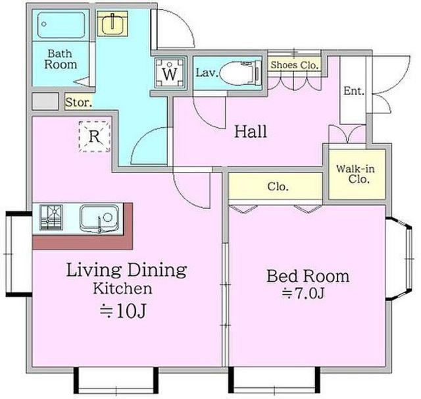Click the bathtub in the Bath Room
[x=61, y=25]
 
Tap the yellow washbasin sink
[x=112, y=24]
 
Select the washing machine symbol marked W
[x=170, y=72]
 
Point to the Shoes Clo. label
[x=295, y=65]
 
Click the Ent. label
[x=354, y=91]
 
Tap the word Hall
[x=251, y=132]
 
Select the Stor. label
[x=79, y=102]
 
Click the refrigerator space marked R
[x=95, y=137]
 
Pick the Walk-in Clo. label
[x=355, y=174]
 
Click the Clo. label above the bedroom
[x=278, y=186]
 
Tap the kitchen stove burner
[x=51, y=218]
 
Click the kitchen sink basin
[x=99, y=219]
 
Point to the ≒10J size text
[x=123, y=311]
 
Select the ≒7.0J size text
[x=303, y=294]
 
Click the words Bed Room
[x=308, y=276]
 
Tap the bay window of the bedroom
[x=399, y=259]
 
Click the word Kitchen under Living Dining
[x=123, y=288]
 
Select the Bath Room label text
[x=61, y=59]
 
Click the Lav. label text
[x=207, y=73]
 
